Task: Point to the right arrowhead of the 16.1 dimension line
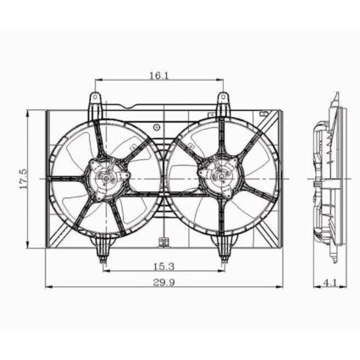223,82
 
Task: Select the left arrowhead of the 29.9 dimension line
47,289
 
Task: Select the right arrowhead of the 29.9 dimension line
280,289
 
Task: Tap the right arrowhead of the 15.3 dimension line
224,274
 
